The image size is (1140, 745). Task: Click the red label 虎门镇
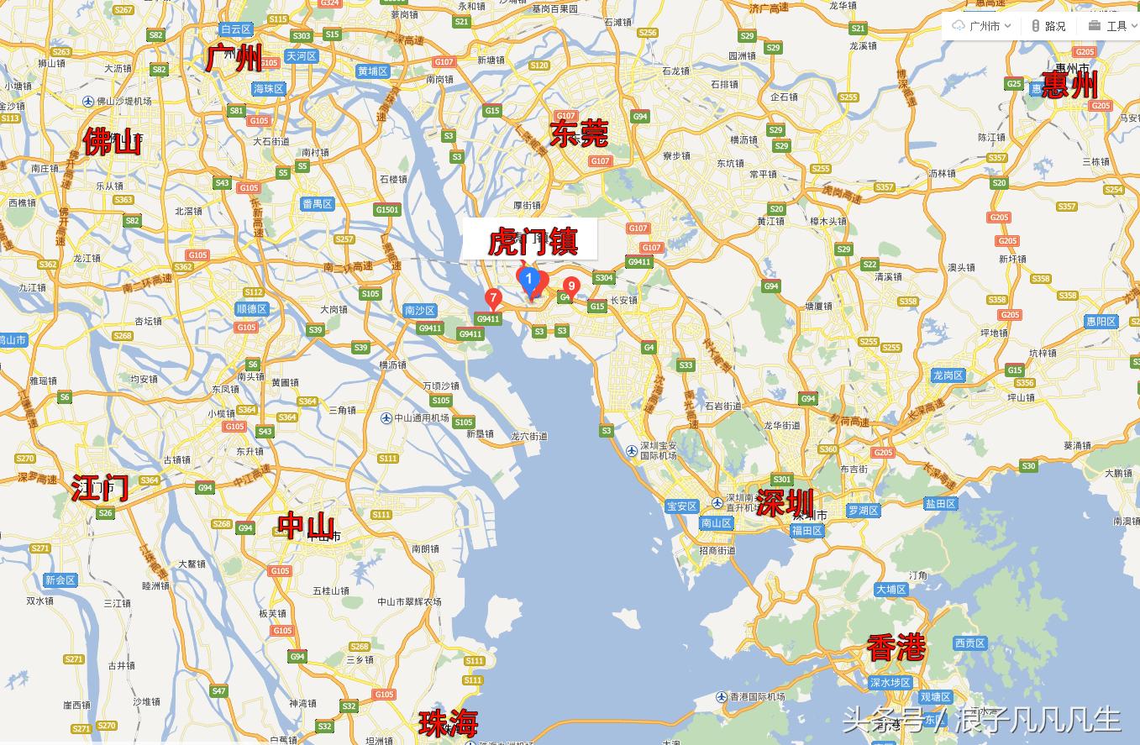click(x=532, y=242)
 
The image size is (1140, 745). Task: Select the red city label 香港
click(x=896, y=648)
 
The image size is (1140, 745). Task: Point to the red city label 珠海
click(x=449, y=721)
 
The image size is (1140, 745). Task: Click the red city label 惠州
click(x=1069, y=85)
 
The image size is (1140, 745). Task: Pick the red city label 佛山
click(x=112, y=142)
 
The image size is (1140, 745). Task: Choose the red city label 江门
click(x=100, y=487)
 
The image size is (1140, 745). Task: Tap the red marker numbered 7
click(x=493, y=298)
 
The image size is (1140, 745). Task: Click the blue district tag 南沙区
click(x=419, y=310)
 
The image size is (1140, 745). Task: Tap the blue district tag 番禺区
click(x=318, y=204)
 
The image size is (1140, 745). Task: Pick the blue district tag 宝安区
click(x=681, y=506)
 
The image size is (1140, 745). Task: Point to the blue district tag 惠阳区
click(x=1101, y=322)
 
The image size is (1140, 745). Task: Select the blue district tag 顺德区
click(x=251, y=309)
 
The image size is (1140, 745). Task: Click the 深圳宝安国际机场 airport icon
click(x=631, y=450)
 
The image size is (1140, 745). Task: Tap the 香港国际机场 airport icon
click(x=721, y=697)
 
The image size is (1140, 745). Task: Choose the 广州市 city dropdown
click(x=982, y=26)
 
